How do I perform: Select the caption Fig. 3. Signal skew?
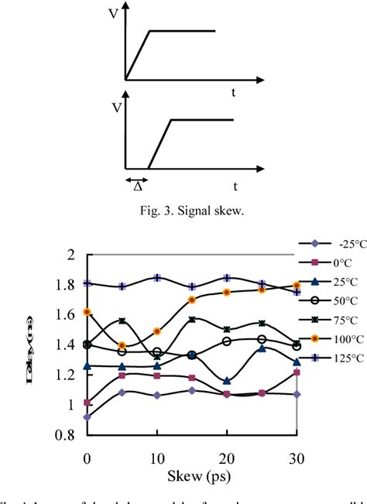point(183,207)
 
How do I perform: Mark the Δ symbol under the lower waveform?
point(137,187)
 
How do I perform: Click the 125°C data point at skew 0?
point(87,283)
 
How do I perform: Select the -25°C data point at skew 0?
point(87,417)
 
